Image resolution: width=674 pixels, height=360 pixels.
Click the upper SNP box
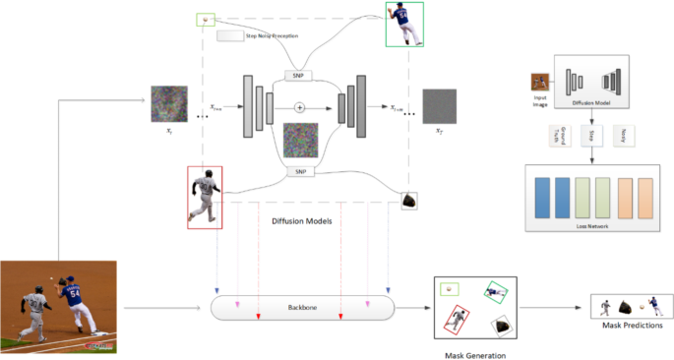click(297, 76)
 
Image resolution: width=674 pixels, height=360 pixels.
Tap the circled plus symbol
click(301, 106)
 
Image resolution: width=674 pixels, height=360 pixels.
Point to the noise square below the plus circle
click(301, 139)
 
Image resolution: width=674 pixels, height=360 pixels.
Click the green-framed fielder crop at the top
click(404, 25)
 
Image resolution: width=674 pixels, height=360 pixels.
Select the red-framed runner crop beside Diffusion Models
click(206, 198)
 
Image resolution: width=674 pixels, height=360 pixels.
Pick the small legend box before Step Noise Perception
click(229, 35)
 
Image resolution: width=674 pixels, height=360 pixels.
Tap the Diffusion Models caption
click(301, 221)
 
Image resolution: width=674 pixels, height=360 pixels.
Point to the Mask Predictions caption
click(630, 326)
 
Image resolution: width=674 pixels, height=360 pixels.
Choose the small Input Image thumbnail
click(540, 83)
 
